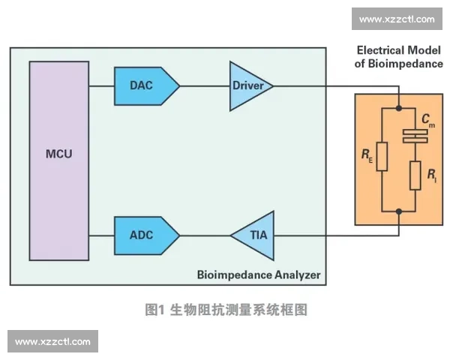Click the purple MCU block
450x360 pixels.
59,160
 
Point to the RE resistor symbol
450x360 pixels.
382,158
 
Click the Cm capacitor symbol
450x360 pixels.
415,136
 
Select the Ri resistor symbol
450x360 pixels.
415,177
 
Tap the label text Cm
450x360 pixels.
427,119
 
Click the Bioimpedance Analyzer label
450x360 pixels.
258,275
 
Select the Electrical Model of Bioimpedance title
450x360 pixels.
399,57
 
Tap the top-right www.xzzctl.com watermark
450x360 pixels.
397,19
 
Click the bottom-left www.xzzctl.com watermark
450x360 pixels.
53,341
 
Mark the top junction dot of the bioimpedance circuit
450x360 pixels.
399,106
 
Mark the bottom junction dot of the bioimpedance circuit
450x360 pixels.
399,212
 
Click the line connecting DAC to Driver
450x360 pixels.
205,85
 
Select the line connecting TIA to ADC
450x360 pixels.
204,235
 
